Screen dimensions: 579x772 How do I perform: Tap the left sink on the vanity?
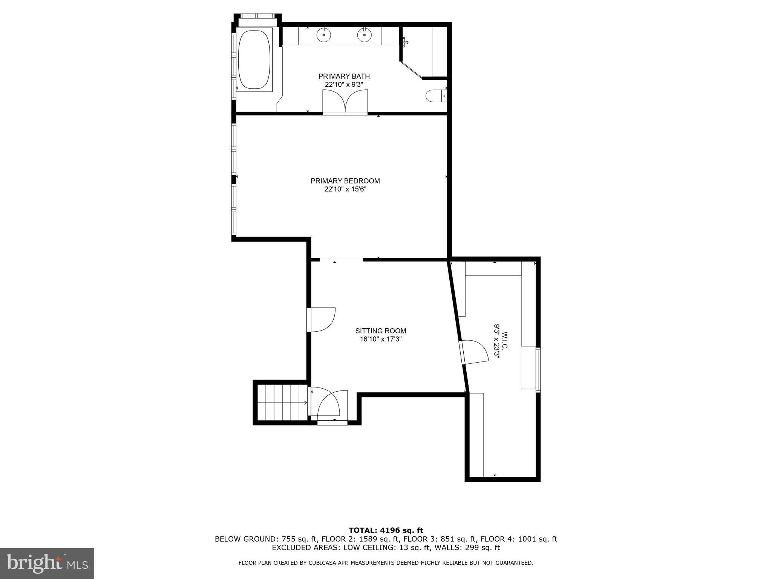coord(323,35)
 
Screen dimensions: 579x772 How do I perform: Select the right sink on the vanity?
coord(364,35)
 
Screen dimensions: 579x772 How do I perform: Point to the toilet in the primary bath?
coord(436,96)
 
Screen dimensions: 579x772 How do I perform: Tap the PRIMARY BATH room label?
coord(344,77)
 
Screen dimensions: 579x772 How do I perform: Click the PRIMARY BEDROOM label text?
coord(345,181)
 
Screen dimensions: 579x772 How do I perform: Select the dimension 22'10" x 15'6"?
coord(345,189)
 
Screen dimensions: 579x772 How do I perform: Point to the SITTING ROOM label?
coord(380,331)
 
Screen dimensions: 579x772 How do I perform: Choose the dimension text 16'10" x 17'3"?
coord(380,339)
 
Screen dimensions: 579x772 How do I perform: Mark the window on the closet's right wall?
coord(538,370)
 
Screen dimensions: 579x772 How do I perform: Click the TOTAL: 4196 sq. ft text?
coord(386,531)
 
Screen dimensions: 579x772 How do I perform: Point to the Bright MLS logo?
coord(47,563)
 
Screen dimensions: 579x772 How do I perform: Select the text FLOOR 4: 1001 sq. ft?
coord(519,539)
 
